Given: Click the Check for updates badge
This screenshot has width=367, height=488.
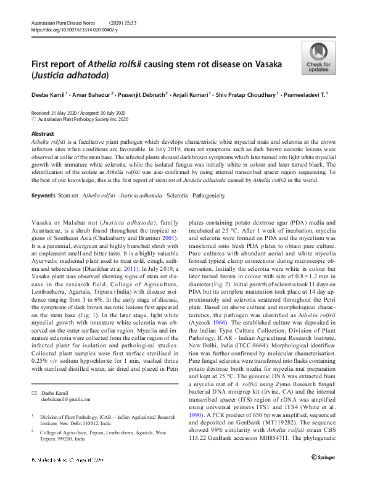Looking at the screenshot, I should pos(318,59).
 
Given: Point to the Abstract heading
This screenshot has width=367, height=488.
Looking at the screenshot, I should pos(43,133).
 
